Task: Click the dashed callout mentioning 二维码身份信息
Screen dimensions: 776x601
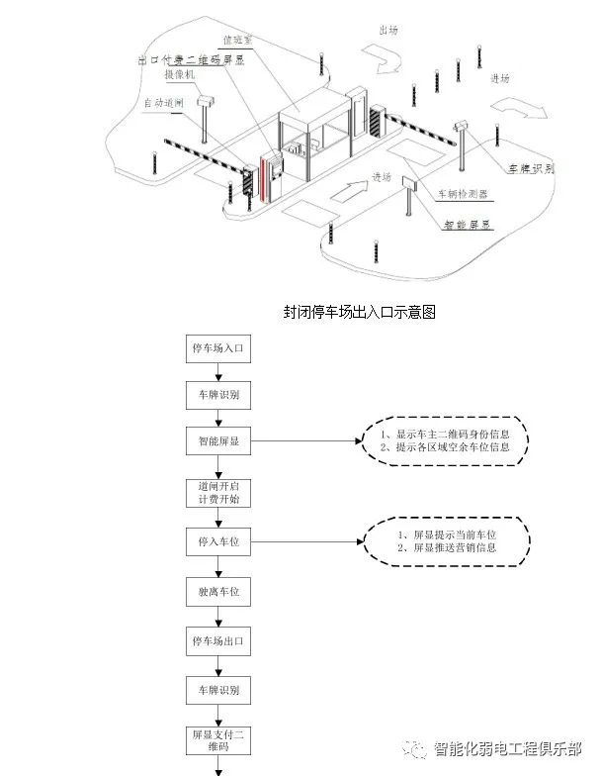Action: click(445, 440)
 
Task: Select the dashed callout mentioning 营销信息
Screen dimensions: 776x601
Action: click(445, 540)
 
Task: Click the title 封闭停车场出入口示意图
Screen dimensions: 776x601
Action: click(360, 312)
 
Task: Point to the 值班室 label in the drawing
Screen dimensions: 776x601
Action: click(237, 41)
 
